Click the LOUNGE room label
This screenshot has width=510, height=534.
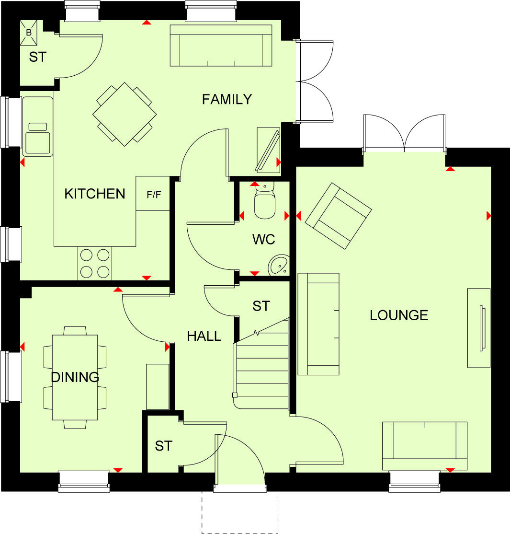click(398, 315)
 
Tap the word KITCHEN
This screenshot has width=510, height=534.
click(95, 194)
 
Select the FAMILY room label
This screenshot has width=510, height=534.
click(227, 99)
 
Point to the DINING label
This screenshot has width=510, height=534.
click(75, 377)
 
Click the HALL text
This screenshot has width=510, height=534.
click(204, 336)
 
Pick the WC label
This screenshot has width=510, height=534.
click(264, 239)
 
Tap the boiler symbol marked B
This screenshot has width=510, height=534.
click(28, 32)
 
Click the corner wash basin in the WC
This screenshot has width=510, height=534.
click(278, 265)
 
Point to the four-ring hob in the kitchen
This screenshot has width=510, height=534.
click(95, 263)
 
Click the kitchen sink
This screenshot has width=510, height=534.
click(38, 127)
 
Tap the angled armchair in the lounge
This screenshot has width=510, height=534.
click(339, 216)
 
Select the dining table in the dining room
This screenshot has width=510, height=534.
click(75, 377)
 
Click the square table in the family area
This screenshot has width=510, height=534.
click(125, 114)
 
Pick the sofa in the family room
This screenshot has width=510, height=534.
click(221, 45)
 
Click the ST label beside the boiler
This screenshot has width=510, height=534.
click(37, 57)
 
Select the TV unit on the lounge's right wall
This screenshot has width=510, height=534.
click(479, 328)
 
